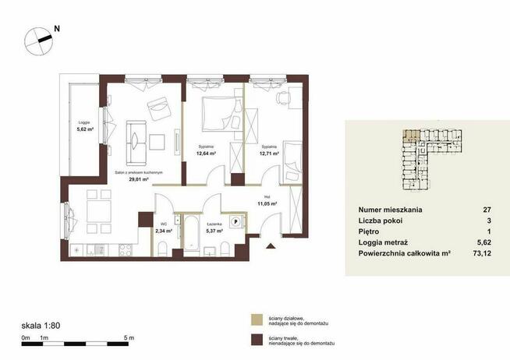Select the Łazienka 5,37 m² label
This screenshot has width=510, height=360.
tap(214, 226)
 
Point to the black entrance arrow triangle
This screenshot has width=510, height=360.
tap(271, 247)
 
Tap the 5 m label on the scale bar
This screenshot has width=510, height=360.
tap(129, 337)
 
